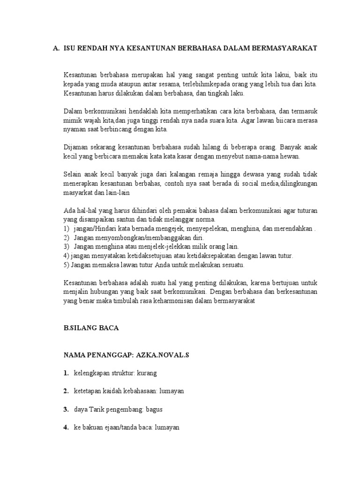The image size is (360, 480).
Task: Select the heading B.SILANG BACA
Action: [91, 329]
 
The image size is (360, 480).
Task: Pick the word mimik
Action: [71, 120]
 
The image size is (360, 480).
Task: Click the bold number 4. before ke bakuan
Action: [67, 427]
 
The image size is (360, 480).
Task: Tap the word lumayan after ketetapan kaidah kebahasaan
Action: [172, 391]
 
